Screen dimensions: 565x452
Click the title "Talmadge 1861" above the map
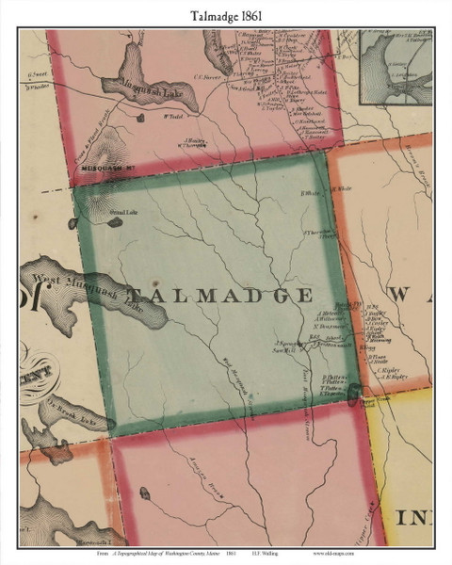click(x=226, y=12)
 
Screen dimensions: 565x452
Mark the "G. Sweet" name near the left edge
click(x=38, y=75)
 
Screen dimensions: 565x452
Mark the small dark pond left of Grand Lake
click(x=72, y=224)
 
